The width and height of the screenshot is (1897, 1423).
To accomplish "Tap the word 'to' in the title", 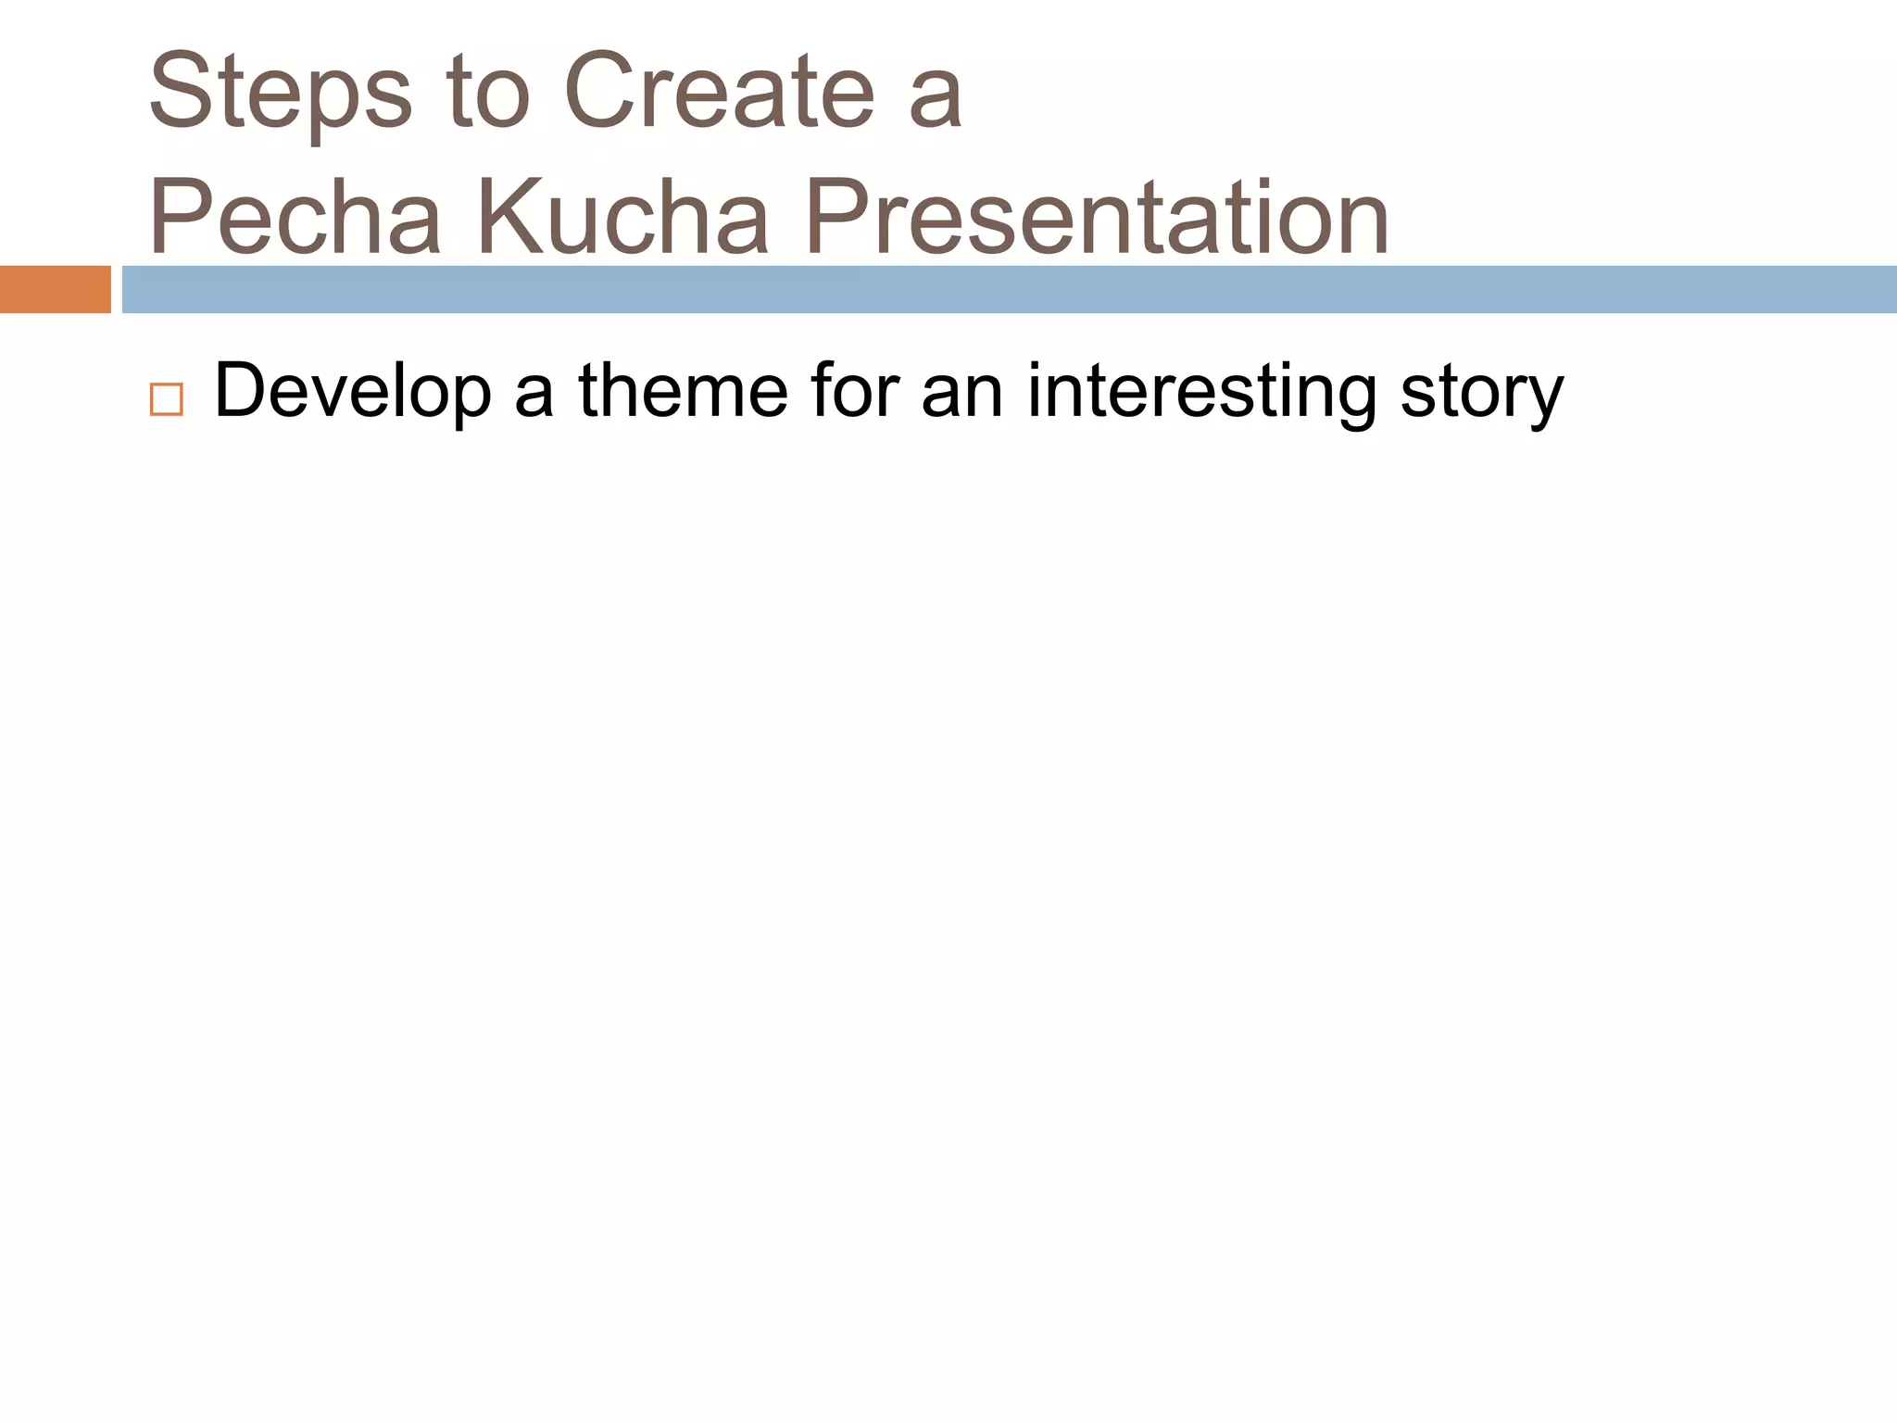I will click(x=488, y=93).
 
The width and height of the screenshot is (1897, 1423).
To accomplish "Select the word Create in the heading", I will click(x=719, y=93).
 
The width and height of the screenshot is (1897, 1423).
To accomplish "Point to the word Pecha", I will click(x=295, y=219).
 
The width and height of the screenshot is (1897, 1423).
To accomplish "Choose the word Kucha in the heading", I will click(x=622, y=219).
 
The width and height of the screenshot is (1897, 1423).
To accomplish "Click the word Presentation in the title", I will click(x=1097, y=219).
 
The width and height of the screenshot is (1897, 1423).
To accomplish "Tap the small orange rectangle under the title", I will click(x=55, y=289).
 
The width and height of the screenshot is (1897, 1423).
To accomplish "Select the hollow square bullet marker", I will click(x=166, y=399).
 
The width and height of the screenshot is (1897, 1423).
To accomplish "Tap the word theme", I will click(x=683, y=391).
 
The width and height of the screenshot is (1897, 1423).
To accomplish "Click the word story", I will click(x=1482, y=395).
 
